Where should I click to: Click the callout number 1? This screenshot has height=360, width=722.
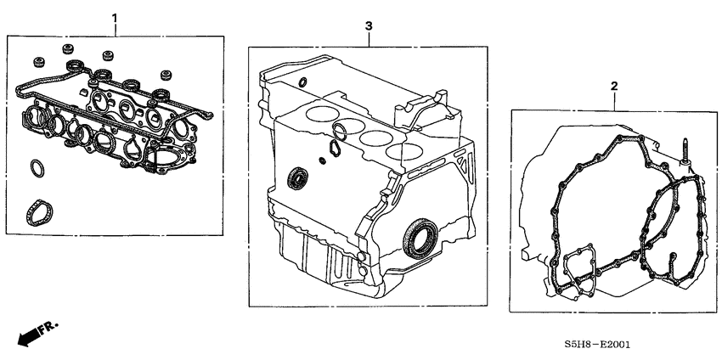pyautogui.click(x=116, y=18)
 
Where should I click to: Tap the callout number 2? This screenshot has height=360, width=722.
pyautogui.click(x=614, y=86)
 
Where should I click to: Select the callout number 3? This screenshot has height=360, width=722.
pyautogui.click(x=369, y=26)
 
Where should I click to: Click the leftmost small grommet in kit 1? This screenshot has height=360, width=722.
pyautogui.click(x=37, y=61)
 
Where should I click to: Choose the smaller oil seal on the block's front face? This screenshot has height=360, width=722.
pyautogui.click(x=297, y=178)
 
